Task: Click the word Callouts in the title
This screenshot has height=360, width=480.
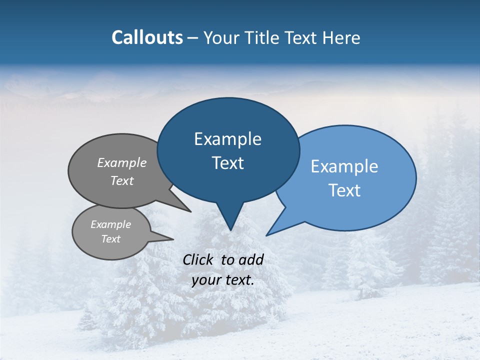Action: pos(147,37)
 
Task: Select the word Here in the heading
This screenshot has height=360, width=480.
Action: pos(341,37)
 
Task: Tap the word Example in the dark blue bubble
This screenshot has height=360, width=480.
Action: pos(227,139)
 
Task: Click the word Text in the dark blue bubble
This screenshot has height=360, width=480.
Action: pos(227,163)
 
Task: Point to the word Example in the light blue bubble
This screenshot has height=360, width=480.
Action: pos(344,166)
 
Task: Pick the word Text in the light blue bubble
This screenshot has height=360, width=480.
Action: pos(344,190)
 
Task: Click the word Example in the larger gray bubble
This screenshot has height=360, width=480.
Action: pos(122,162)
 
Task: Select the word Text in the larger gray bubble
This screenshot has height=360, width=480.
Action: pos(122,180)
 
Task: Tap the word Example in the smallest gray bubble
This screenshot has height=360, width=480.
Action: pos(110,224)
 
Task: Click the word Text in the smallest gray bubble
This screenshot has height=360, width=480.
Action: pos(110,239)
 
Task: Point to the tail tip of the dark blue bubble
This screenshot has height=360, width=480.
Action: pos(230,230)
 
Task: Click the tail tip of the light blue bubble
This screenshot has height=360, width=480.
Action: pos(266,235)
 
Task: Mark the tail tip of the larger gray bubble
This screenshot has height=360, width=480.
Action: pos(190,211)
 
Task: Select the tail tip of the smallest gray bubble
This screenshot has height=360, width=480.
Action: pos(173,239)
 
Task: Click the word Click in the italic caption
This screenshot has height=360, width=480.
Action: pos(198,259)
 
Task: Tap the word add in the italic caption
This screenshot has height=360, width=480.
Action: pos(251,259)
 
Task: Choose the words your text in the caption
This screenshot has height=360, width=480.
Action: pos(223,280)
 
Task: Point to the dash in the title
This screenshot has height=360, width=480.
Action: pos(193,38)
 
